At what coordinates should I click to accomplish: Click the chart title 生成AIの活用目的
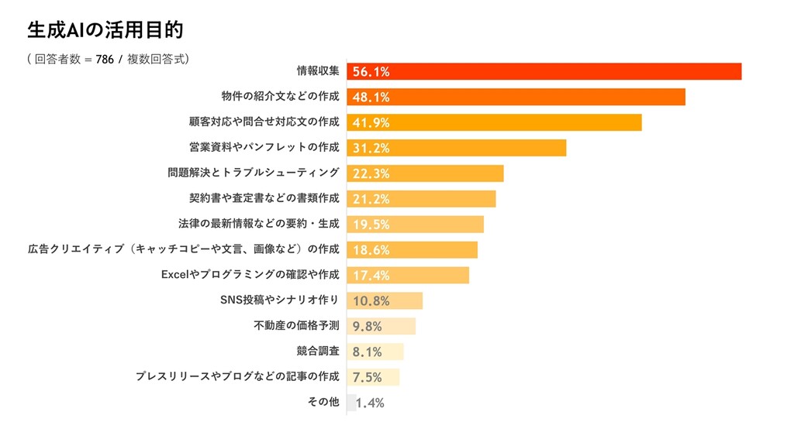[105, 30]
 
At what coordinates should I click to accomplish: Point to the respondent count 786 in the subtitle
[105, 60]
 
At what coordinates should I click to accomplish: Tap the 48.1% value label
[371, 97]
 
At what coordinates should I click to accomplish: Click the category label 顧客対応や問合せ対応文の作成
[264, 122]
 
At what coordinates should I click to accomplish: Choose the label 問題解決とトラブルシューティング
[254, 173]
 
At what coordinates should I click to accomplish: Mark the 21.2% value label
[371, 199]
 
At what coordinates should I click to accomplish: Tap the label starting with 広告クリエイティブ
[184, 249]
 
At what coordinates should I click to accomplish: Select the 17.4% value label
[371, 276]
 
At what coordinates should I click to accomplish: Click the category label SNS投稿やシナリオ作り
[280, 300]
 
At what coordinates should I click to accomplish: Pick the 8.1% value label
[368, 352]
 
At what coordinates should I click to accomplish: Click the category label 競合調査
[318, 352]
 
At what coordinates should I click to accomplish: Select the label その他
[323, 402]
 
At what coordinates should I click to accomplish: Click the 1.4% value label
[370, 403]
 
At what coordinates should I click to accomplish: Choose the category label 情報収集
[318, 71]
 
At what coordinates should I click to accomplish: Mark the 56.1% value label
[371, 72]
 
